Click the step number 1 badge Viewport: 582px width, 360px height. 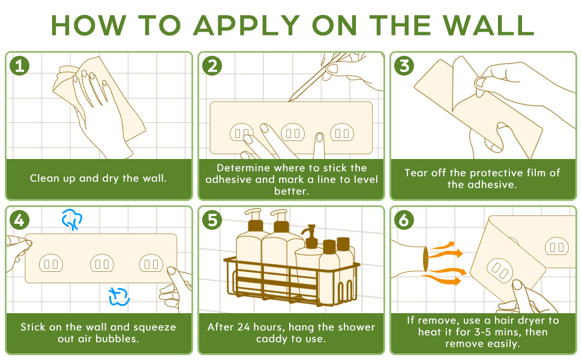[x=20, y=66]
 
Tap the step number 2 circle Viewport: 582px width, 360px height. [x=212, y=66]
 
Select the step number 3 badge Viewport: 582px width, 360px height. [x=404, y=66]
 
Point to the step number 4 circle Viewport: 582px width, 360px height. [x=20, y=220]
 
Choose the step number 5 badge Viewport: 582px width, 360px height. [x=212, y=220]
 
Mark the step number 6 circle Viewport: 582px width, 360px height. [x=404, y=220]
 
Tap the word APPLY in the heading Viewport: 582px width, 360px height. [x=247, y=25]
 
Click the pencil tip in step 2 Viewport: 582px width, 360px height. [x=290, y=100]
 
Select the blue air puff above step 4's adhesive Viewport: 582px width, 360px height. [x=71, y=219]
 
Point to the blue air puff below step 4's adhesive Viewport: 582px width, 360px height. [x=119, y=297]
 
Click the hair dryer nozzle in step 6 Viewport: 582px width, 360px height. [x=425, y=259]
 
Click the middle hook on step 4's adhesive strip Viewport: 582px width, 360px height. [x=102, y=263]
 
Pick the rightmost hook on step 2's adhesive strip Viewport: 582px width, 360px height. [x=342, y=133]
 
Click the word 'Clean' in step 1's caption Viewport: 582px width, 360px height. [x=45, y=178]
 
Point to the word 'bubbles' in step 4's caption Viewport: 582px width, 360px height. [x=117, y=339]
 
